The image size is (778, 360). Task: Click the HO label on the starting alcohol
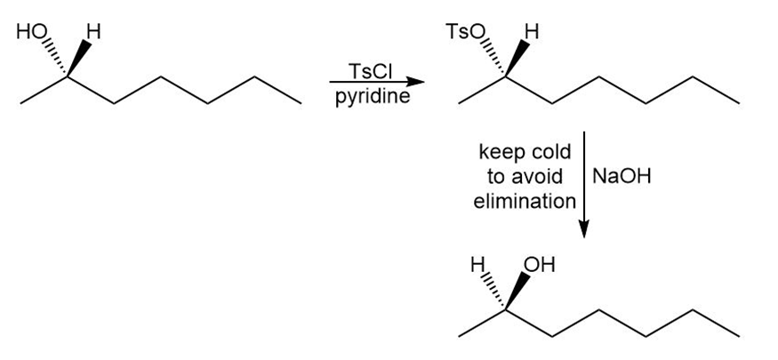(x=29, y=34)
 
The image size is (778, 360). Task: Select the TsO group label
(x=463, y=33)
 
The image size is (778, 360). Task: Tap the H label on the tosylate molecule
(x=532, y=33)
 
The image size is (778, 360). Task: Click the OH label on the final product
(x=539, y=265)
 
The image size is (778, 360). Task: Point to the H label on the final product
(x=477, y=265)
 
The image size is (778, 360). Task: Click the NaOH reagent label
(x=622, y=176)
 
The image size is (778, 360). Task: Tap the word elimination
(x=525, y=201)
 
